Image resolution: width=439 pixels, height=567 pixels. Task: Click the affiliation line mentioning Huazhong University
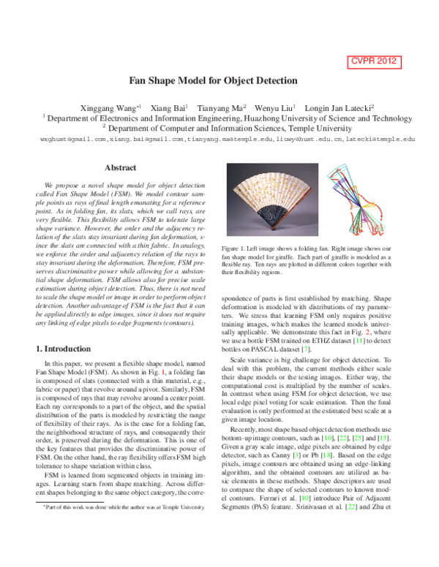click(x=219, y=117)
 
